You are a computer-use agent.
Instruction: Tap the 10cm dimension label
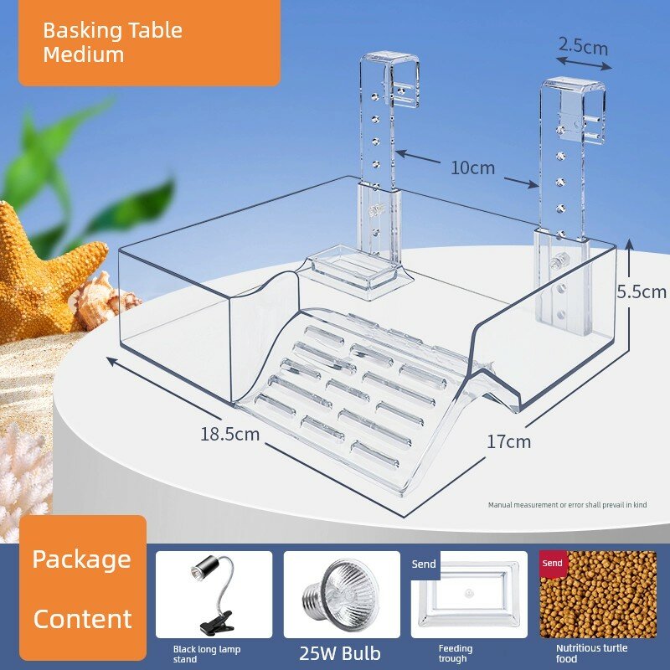pyautogui.click(x=472, y=168)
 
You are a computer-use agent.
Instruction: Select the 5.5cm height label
pyautogui.click(x=642, y=291)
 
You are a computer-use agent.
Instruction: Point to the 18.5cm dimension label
pyautogui.click(x=229, y=434)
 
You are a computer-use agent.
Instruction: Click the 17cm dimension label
pyautogui.click(x=508, y=441)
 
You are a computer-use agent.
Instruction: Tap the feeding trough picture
pyautogui.click(x=469, y=595)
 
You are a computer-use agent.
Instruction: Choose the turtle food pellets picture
pyautogui.click(x=598, y=595)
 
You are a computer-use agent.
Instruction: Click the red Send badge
pyautogui.click(x=552, y=563)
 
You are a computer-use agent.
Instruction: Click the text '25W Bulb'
pyautogui.click(x=340, y=653)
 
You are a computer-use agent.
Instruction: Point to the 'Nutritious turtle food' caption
pyautogui.click(x=591, y=653)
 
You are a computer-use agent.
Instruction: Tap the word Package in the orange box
pyautogui.click(x=81, y=559)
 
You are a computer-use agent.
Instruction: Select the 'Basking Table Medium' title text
pyautogui.click(x=112, y=43)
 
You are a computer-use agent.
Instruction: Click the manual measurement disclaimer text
pyautogui.click(x=568, y=505)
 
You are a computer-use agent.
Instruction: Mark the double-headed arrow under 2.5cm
pyautogui.click(x=584, y=64)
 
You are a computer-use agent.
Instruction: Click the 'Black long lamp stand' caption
pyautogui.click(x=206, y=654)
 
